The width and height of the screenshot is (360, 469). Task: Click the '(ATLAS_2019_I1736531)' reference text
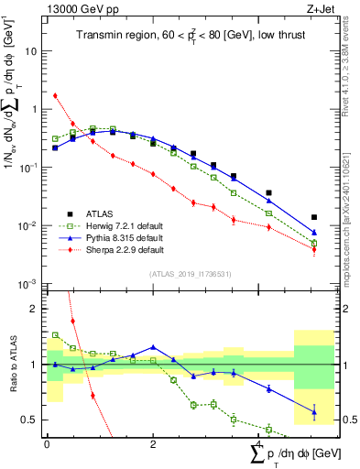(190, 274)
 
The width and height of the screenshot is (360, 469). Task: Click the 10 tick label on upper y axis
(30, 51)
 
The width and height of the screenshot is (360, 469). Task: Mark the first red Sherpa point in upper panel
(56, 95)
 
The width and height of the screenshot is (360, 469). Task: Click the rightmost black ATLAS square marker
(314, 217)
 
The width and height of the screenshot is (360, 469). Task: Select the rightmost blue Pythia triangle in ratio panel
(314, 411)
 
